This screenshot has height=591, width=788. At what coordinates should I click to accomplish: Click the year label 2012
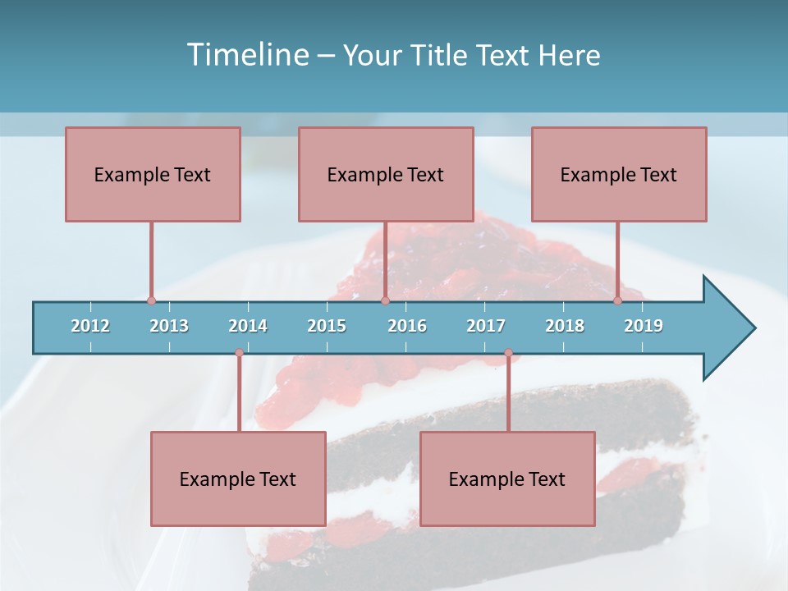pyautogui.click(x=90, y=326)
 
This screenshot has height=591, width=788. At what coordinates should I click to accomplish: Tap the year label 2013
pyautogui.click(x=169, y=326)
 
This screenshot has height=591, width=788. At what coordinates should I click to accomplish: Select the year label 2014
pyautogui.click(x=248, y=326)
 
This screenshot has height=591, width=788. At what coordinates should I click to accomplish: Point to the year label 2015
pyautogui.click(x=327, y=326)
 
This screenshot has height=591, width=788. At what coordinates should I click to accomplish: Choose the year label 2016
pyautogui.click(x=407, y=326)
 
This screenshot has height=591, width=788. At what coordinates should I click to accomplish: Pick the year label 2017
pyautogui.click(x=486, y=326)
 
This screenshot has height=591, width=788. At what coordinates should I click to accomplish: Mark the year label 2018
pyautogui.click(x=565, y=326)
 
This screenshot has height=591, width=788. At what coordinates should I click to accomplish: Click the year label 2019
pyautogui.click(x=644, y=326)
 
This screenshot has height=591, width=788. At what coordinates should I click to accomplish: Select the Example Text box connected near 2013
pyautogui.click(x=153, y=174)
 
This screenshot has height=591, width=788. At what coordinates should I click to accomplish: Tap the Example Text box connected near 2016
pyautogui.click(x=386, y=174)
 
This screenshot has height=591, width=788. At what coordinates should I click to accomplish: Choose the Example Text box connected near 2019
pyautogui.click(x=619, y=174)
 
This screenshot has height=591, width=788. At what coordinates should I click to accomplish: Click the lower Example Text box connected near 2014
pyautogui.click(x=238, y=479)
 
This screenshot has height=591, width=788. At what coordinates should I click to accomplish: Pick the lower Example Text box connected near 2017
pyautogui.click(x=507, y=479)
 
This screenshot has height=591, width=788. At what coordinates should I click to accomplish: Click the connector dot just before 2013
pyautogui.click(x=151, y=301)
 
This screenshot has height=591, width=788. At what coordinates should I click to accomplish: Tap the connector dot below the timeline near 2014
pyautogui.click(x=239, y=353)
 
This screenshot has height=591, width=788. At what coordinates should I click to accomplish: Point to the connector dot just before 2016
pyautogui.click(x=385, y=301)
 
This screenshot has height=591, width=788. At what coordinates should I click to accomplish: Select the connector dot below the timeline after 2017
pyautogui.click(x=508, y=353)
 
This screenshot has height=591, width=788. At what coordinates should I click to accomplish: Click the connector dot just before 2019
pyautogui.click(x=617, y=301)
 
